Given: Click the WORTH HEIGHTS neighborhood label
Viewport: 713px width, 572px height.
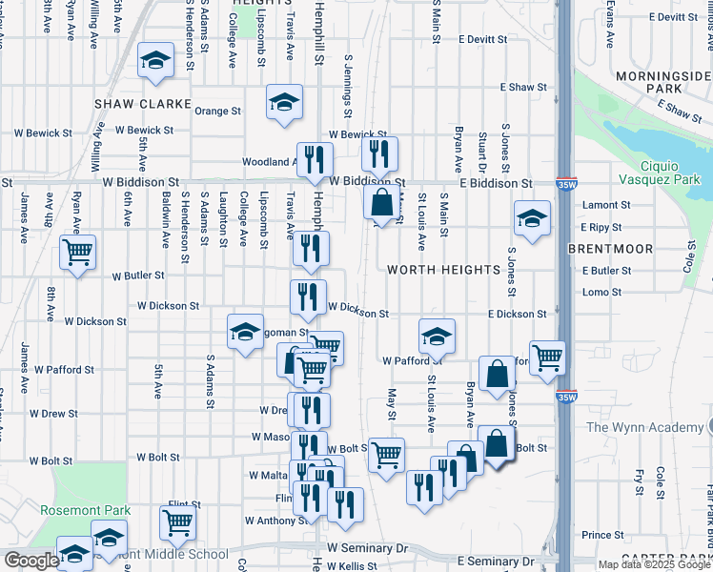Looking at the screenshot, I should click(443, 270).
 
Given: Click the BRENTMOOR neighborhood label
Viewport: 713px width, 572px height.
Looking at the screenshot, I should click(610, 249).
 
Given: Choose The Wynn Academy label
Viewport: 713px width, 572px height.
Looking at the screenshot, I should click(644, 427).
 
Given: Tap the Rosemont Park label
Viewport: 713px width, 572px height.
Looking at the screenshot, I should click(86, 510).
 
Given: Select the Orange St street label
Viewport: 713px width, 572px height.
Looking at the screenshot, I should click(217, 112).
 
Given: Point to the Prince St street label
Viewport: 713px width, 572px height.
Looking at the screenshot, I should click(601, 535).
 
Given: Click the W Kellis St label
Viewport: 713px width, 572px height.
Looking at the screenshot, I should click(356, 567).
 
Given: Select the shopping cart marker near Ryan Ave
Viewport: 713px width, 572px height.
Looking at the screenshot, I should click(77, 253).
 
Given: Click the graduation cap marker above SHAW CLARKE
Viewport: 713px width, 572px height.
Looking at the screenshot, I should click(154, 61).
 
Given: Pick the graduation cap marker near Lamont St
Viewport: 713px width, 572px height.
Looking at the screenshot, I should click(531, 218).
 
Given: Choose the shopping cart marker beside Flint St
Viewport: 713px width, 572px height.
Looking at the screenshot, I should click(177, 522).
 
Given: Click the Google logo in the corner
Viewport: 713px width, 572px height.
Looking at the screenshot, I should click(31, 561).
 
